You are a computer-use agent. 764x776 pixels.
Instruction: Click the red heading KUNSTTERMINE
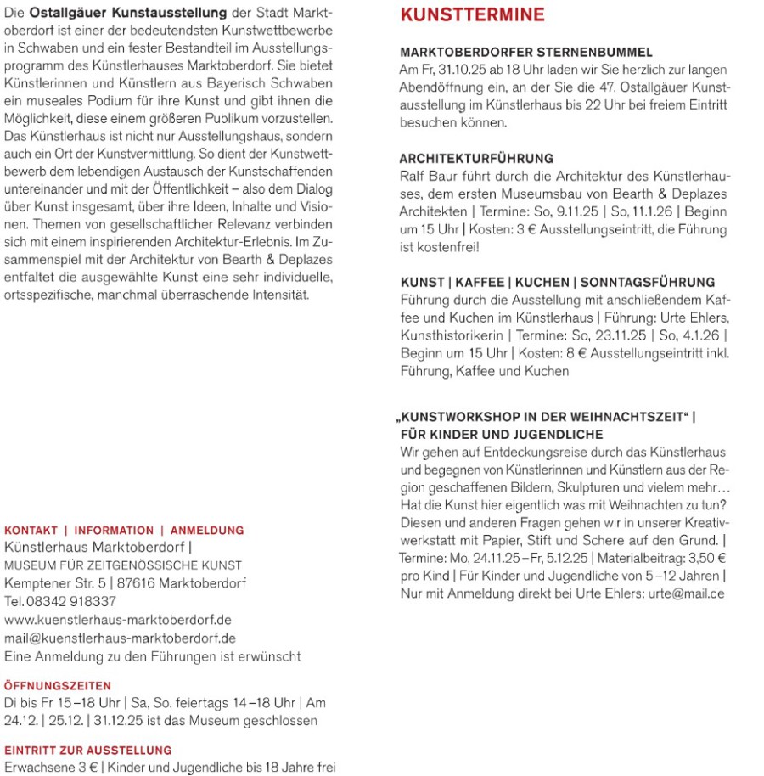click(472, 15)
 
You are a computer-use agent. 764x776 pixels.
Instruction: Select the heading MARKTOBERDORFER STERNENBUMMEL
click(525, 53)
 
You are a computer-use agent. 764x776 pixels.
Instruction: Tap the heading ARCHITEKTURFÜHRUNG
click(476, 159)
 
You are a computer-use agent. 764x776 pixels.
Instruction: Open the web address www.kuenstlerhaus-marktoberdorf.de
click(118, 620)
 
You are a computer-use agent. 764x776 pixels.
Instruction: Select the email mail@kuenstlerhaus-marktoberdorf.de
click(120, 638)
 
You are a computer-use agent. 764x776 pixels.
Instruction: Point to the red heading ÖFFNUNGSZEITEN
click(58, 685)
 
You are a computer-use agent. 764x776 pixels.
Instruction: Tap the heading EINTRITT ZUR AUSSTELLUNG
click(88, 750)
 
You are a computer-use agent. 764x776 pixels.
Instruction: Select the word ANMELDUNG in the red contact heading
click(207, 530)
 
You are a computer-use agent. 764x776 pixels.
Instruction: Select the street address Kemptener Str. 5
click(53, 583)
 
